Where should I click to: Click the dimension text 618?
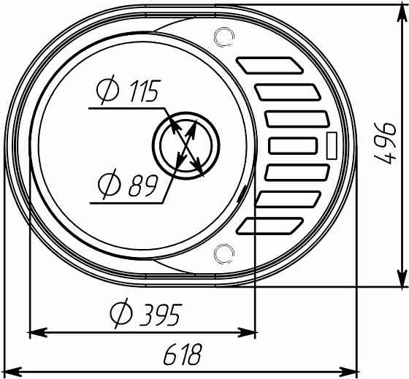point(183,354)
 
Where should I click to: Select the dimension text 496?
point(386,143)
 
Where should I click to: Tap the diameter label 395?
point(146,313)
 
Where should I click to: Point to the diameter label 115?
point(129,90)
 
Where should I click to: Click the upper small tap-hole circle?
point(223,37)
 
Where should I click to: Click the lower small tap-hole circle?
point(223,253)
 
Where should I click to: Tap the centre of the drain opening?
point(186,145)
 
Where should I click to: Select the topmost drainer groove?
point(270,65)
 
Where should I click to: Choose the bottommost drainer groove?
point(270,226)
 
